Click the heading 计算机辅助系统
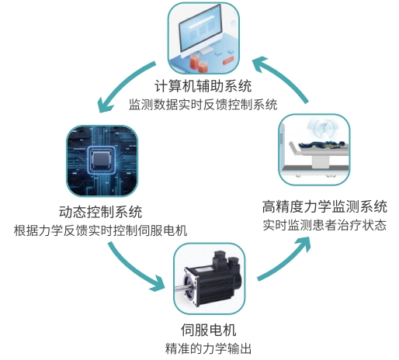click(203, 86)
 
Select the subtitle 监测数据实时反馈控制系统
click(203, 105)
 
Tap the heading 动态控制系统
click(101, 212)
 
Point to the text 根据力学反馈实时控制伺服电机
click(100, 230)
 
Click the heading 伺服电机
click(208, 330)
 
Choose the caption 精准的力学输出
click(208, 348)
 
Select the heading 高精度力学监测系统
click(324, 206)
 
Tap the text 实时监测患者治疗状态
click(324, 225)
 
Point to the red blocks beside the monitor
click(199, 64)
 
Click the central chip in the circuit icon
click(102, 160)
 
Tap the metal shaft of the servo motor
click(183, 289)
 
